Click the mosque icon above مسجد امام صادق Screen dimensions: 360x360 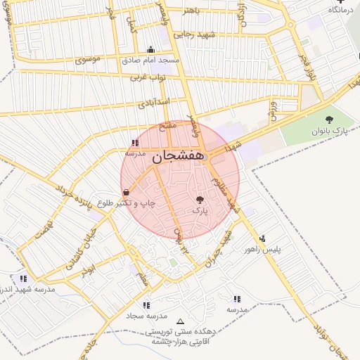[x=150, y=50]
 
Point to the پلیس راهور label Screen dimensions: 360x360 [x=262, y=249]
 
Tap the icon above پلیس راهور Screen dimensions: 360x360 [x=262, y=238]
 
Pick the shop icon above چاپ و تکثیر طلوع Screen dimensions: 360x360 [x=126, y=192]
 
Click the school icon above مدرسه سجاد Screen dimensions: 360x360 [x=146, y=305]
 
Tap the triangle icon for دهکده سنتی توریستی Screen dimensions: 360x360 [x=181, y=321]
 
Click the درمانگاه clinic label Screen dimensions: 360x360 [x=340, y=11]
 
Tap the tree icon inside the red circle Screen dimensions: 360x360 [x=200, y=200]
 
